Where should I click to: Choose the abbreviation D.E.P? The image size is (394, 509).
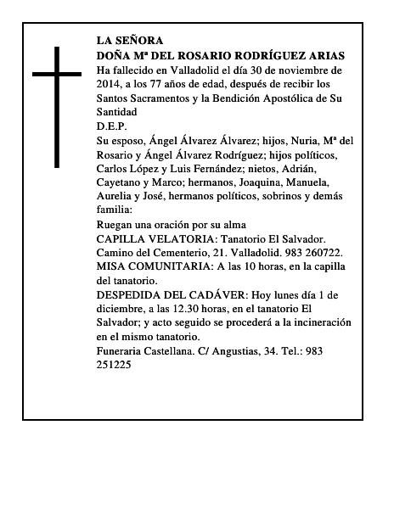pos(112,126)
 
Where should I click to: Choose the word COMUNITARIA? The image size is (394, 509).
pos(179,266)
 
